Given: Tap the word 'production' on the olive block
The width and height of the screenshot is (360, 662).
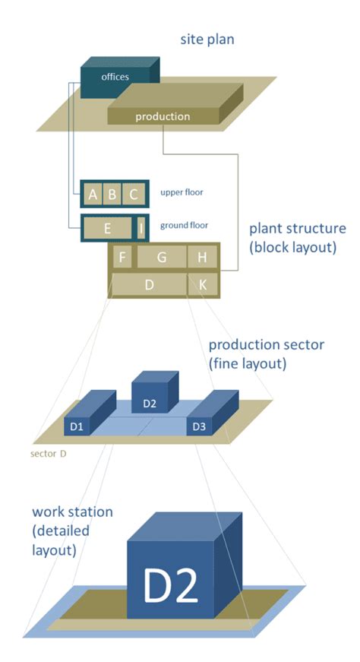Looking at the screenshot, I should (163, 116).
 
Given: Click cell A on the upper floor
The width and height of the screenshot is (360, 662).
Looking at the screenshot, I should (93, 195).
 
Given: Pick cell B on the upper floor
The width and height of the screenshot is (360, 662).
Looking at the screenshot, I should (112, 195).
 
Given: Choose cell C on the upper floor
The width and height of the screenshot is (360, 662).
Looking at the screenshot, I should (133, 195).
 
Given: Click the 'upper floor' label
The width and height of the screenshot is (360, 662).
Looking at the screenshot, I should (182, 193).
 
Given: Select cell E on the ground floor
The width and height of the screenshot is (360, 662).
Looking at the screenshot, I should (107, 227).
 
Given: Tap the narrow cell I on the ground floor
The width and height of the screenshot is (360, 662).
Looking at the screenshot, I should (141, 227).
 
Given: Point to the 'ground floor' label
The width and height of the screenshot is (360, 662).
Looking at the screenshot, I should (183, 226).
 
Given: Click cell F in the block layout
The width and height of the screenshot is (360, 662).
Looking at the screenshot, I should (122, 258).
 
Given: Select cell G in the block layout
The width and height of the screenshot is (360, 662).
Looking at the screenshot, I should (161, 258).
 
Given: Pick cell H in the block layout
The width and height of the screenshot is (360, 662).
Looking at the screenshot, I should (202, 258).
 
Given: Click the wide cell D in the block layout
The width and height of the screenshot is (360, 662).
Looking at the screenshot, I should (150, 285).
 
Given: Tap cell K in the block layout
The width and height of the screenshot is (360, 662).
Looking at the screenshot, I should (203, 285).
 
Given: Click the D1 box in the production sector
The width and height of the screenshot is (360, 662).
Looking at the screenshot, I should (78, 426).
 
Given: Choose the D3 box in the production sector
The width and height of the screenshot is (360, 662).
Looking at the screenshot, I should (200, 426).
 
